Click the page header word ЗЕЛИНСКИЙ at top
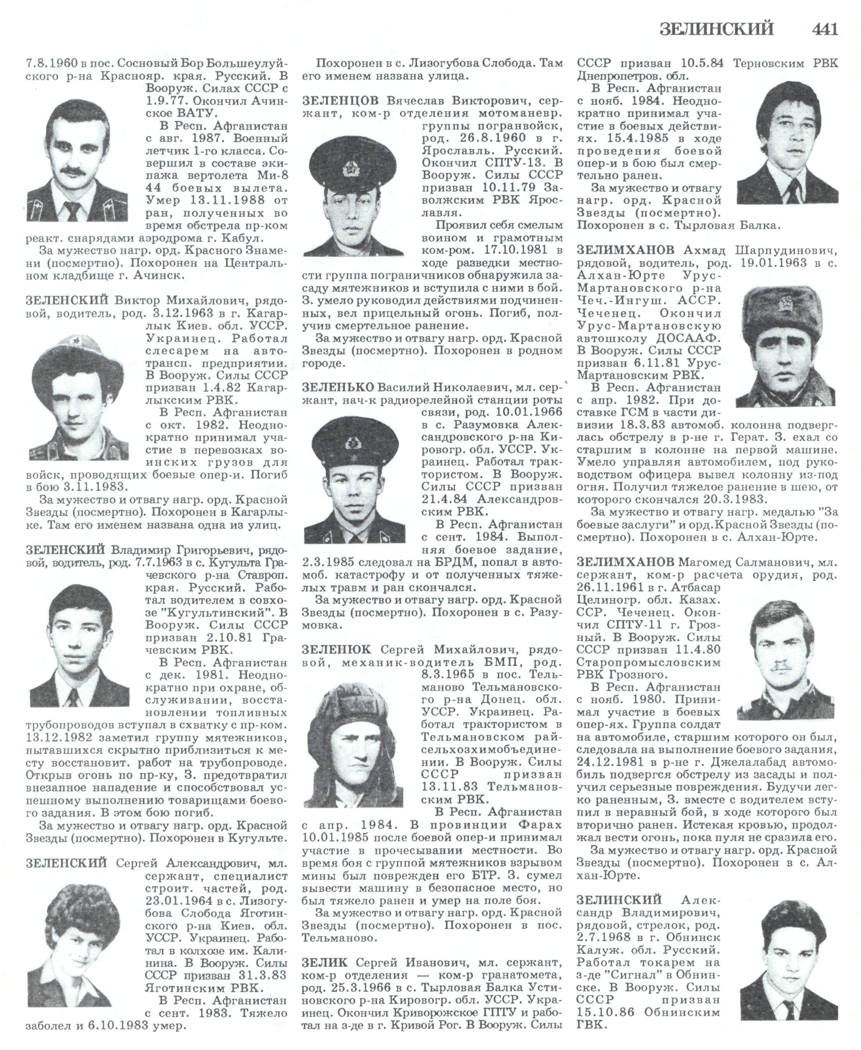click(717, 29)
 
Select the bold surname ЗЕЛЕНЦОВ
click(340, 101)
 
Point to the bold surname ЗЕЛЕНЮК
click(336, 650)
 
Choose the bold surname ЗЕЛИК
click(325, 962)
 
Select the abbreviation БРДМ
click(468, 562)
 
